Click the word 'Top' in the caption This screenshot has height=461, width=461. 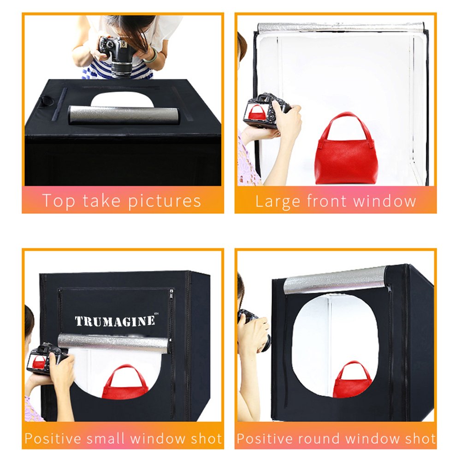tap(58, 201)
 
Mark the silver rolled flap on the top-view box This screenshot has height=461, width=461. tap(123, 115)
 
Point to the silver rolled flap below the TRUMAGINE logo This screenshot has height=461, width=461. tap(113, 343)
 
